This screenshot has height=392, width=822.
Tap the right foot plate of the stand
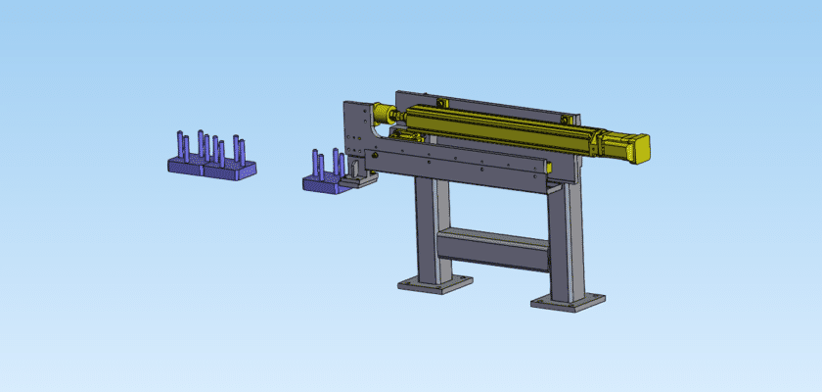pyautogui.click(x=568, y=299)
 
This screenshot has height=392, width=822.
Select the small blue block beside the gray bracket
pyautogui.click(x=323, y=183)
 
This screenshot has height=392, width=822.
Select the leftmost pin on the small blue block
pyautogui.click(x=316, y=164)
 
